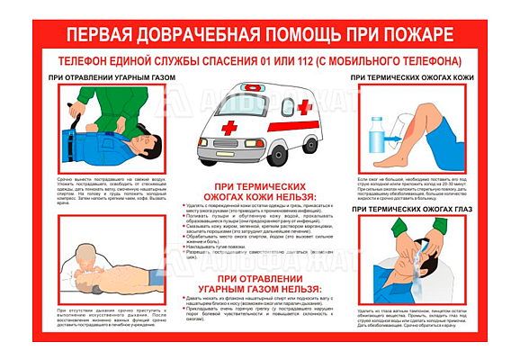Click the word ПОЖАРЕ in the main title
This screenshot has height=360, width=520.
406,34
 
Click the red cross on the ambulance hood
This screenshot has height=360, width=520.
230,127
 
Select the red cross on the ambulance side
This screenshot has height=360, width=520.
304,107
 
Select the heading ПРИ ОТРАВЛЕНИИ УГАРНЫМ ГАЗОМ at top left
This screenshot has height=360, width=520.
111,79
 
